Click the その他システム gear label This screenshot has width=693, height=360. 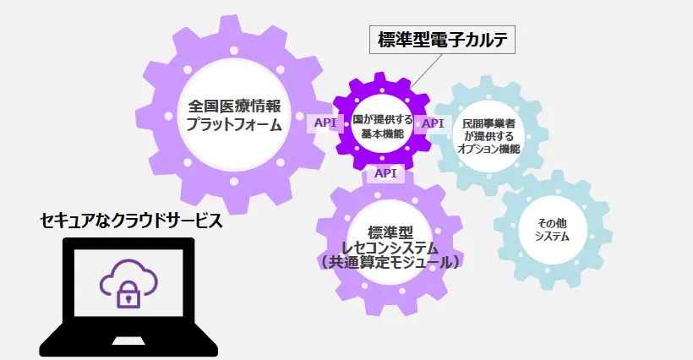point(553,229)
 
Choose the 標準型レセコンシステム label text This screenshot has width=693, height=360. point(390,247)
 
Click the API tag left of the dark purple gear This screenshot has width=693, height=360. point(325,123)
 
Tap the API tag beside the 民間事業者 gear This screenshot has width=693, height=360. point(433,123)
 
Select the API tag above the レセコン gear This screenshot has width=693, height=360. point(385,173)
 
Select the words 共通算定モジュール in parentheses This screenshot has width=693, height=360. point(390,263)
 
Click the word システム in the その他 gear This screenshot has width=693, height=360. point(553,237)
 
